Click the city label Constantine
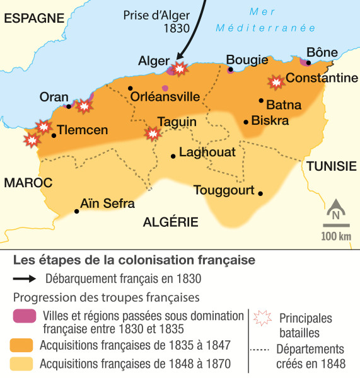point(322,78)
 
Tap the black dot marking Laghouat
point(173,155)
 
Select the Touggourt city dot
point(260,193)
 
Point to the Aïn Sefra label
point(108,203)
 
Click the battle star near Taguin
point(152,133)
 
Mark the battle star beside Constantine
point(276,82)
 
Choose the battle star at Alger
point(180,68)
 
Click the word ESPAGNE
point(30,19)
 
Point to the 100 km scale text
point(335,236)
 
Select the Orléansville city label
point(165,97)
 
